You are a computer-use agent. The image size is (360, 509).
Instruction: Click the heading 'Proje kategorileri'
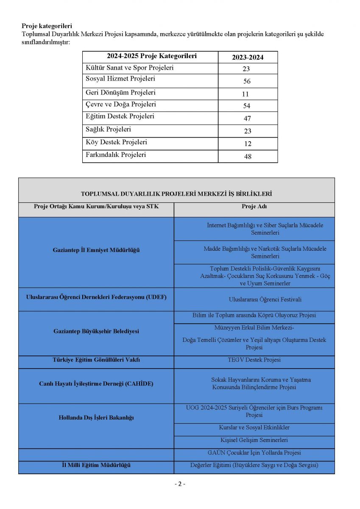pyautogui.click(x=47, y=26)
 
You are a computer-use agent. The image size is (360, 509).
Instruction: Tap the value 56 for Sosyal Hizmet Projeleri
pyautogui.click(x=247, y=81)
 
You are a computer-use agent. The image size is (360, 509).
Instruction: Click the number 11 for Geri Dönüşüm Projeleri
pyautogui.click(x=246, y=94)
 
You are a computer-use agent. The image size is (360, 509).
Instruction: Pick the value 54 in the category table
pyautogui.click(x=247, y=106)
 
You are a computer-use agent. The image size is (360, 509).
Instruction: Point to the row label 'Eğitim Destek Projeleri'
pyautogui.click(x=120, y=116)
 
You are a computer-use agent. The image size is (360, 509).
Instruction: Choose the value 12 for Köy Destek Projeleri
pyautogui.click(x=248, y=144)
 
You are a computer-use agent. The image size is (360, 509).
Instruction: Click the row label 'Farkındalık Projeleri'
pyautogui.click(x=116, y=155)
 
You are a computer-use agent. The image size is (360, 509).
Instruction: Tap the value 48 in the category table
pyautogui.click(x=248, y=157)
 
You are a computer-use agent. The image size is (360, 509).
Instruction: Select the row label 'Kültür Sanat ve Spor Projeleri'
pyautogui.click(x=129, y=68)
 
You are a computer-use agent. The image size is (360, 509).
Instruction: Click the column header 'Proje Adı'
pyautogui.click(x=254, y=207)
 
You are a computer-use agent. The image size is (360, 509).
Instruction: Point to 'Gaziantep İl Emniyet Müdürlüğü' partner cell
pyautogui.click(x=96, y=250)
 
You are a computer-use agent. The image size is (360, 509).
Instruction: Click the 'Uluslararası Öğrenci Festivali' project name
pyautogui.click(x=265, y=299)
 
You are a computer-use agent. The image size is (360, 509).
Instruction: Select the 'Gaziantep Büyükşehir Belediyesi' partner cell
pyautogui.click(x=96, y=331)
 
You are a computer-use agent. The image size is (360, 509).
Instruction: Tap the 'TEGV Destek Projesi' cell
pyautogui.click(x=254, y=360)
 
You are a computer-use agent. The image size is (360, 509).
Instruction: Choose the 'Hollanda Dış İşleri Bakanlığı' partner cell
pyautogui.click(x=96, y=418)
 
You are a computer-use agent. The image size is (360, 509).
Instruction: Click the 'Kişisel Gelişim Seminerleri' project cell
pyautogui.click(x=254, y=440)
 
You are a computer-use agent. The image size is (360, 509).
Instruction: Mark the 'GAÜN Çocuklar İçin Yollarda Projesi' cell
pyautogui.click(x=254, y=453)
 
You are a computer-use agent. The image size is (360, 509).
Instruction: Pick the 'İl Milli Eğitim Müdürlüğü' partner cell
pyautogui.click(x=96, y=465)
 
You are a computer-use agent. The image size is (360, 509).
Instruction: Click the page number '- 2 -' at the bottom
pyautogui.click(x=180, y=484)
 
